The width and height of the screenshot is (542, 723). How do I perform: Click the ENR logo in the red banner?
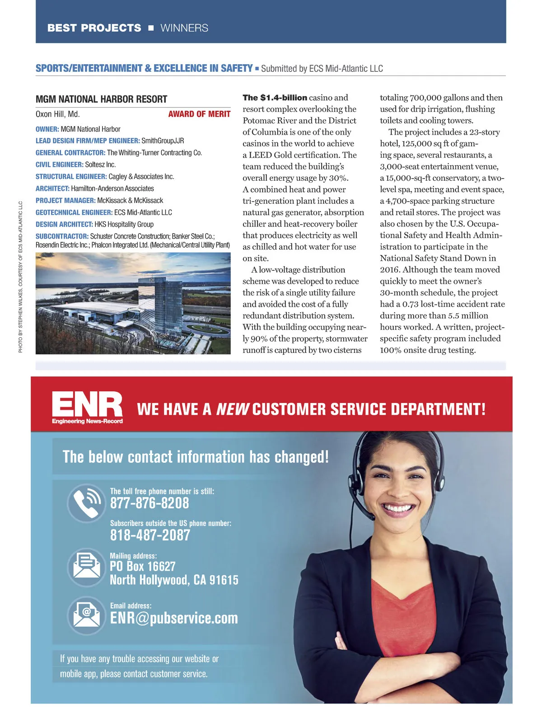87,406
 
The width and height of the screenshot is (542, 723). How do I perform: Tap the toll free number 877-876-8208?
150,503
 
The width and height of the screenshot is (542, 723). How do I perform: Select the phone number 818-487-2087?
150,535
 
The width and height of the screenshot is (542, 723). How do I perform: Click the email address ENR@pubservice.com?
174,618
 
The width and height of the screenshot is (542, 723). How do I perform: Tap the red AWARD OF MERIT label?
199,114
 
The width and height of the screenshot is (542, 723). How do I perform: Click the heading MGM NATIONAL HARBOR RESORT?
101,99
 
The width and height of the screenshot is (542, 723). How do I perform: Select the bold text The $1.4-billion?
275,98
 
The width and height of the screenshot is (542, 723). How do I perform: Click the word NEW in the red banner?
232,409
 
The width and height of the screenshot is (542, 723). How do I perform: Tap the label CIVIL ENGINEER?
60,165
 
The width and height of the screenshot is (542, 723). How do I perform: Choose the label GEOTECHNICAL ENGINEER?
74,212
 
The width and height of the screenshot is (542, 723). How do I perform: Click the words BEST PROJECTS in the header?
94,28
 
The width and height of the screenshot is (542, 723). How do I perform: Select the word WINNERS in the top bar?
184,28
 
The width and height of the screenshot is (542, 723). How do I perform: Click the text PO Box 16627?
142,567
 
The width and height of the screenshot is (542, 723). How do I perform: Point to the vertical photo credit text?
20,277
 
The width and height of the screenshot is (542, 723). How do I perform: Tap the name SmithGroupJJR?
163,141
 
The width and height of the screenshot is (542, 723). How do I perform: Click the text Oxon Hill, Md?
57,114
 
